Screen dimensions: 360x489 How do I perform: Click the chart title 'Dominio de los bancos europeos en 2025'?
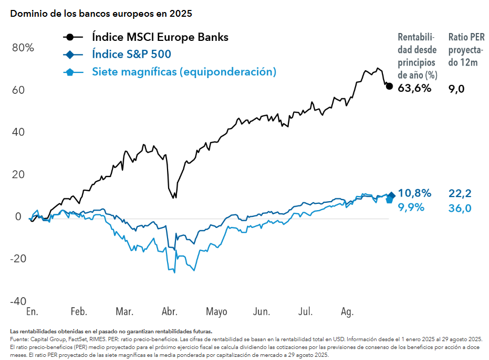(x=101, y=14)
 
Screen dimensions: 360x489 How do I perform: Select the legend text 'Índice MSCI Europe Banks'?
(x=160, y=37)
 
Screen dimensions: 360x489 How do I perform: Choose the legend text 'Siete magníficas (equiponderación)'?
(x=184, y=72)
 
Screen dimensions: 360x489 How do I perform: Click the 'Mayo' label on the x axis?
(x=216, y=312)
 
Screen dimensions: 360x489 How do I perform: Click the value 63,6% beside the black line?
(x=414, y=88)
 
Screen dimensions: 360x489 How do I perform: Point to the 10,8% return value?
(x=414, y=193)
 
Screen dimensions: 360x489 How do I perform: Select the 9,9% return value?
(x=411, y=207)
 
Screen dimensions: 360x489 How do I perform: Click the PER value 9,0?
(x=456, y=89)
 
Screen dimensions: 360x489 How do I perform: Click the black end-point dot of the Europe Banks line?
(x=389, y=86)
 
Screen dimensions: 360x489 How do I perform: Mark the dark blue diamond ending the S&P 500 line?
(x=391, y=195)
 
